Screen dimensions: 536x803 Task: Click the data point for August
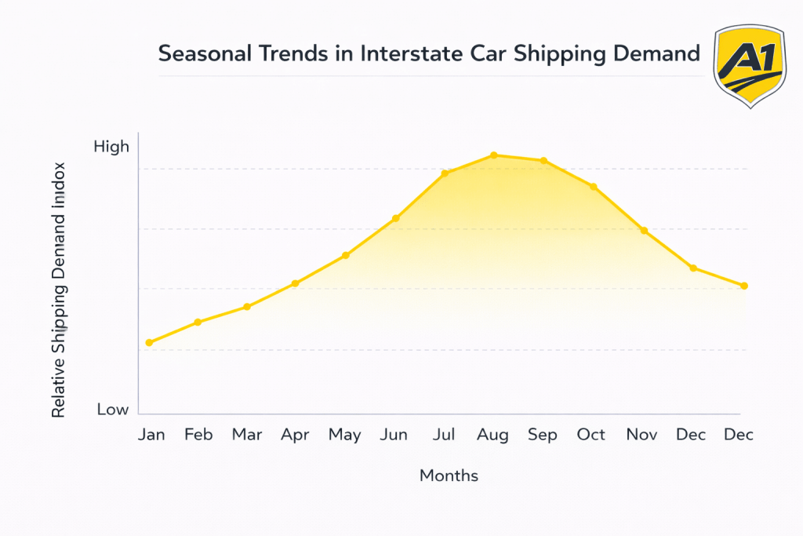[493, 155]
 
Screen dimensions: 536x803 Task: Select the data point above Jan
[149, 343]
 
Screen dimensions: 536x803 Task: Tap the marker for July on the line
[445, 173]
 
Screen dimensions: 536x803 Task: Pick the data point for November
[644, 231]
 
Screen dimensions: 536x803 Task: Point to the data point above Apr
[295, 283]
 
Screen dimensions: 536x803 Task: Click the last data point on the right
[744, 286]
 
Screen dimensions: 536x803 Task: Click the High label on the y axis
[111, 147]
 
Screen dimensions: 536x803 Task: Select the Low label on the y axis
[112, 410]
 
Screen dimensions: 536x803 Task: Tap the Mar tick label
[247, 435]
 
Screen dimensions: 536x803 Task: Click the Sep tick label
[543, 435]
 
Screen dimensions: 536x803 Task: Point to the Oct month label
[590, 435]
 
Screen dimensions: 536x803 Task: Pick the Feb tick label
[198, 435]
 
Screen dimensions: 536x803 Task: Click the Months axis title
[449, 476]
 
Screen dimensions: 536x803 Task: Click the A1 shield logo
[749, 67]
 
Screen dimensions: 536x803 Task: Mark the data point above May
[345, 256]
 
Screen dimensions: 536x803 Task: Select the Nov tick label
[641, 435]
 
